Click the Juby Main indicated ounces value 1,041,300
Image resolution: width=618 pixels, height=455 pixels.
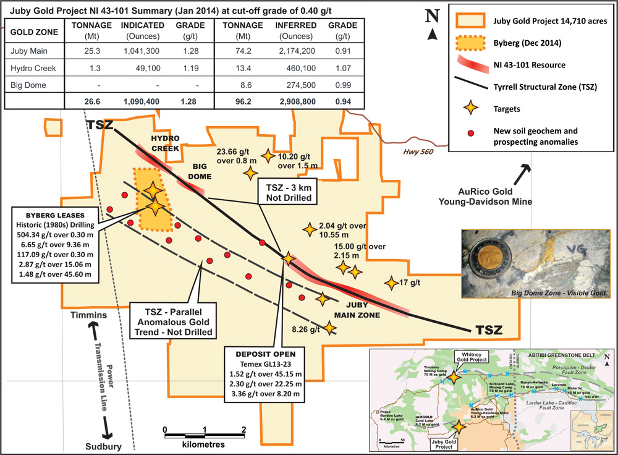coord(143,51)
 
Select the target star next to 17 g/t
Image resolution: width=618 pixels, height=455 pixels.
coord(390,283)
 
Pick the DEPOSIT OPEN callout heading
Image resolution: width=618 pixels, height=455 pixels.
coord(266,354)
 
